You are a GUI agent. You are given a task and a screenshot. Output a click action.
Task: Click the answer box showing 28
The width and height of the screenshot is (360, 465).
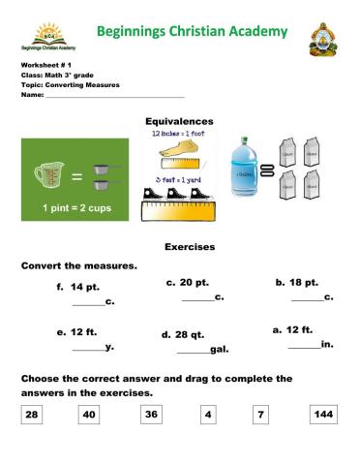pos(31,416)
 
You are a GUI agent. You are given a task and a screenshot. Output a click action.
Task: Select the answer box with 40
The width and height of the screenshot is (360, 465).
pos(90,416)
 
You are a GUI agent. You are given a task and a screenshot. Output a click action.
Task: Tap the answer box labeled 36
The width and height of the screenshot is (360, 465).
pos(150,416)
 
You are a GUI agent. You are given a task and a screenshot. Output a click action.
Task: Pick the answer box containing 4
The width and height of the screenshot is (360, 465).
pos(208,416)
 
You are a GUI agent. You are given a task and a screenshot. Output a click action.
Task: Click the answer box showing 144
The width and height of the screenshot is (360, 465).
pos(324,416)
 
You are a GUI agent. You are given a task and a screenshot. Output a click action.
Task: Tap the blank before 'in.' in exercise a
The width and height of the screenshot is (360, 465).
pos(304,346)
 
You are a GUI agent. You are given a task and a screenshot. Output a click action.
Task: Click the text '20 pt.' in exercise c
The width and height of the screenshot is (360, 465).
pos(195,282)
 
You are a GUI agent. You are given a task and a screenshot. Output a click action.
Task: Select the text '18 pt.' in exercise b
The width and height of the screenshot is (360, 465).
pos(303,282)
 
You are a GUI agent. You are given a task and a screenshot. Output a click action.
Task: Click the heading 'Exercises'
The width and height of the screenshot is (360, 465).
pos(190,247)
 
